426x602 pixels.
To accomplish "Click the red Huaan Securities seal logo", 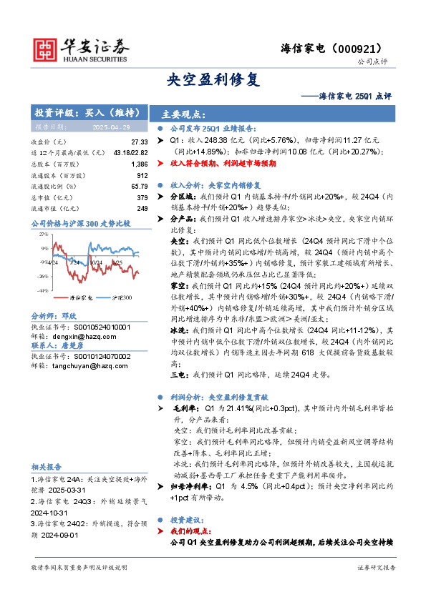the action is [47, 47].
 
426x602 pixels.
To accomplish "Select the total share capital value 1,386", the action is [140, 164].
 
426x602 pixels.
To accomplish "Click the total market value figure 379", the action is [142, 197].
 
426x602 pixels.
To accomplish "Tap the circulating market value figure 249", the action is [142, 208].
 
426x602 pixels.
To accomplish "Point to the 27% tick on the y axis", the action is [44, 234].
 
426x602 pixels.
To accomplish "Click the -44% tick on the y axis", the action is [43, 290].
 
